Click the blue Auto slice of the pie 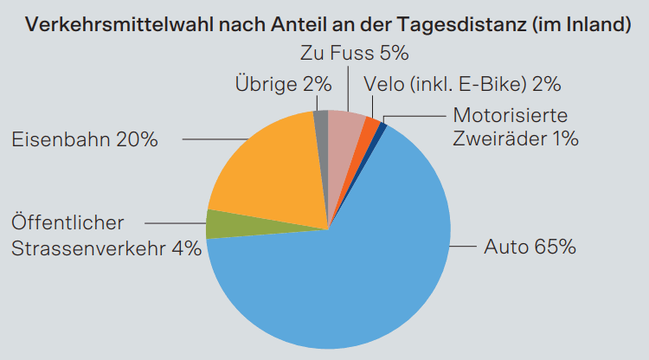pos(346,277)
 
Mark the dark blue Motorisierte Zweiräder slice pos(382,127)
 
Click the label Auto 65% pos(530,247)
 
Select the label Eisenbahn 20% pos(85,139)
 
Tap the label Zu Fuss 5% pos(354,54)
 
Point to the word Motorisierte pos(511,115)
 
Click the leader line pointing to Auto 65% pos(462,247)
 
